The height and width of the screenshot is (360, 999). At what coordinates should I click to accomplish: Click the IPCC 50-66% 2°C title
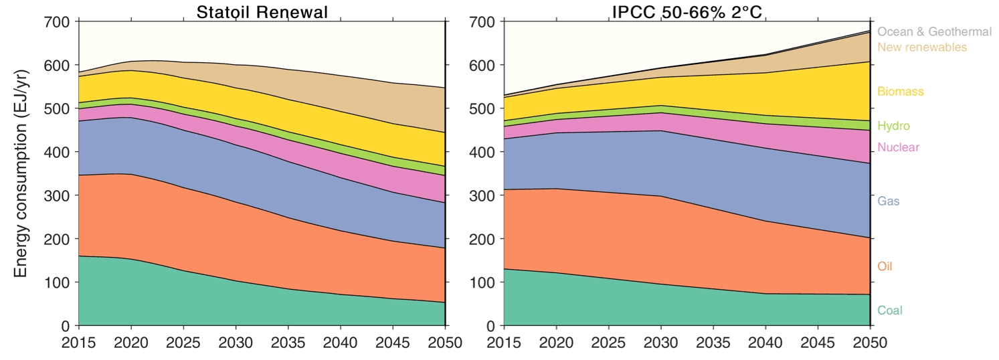click(687, 12)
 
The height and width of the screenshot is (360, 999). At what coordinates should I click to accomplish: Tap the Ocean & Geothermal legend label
click(934, 31)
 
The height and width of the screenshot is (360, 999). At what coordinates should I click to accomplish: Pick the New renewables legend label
click(922, 48)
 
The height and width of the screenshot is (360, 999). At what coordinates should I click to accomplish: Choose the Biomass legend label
click(901, 91)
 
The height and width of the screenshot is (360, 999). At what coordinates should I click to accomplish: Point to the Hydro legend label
click(894, 126)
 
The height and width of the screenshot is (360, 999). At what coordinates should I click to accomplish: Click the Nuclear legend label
click(898, 147)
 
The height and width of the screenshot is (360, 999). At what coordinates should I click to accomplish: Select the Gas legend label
click(889, 201)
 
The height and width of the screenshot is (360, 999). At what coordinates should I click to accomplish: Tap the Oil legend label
click(885, 266)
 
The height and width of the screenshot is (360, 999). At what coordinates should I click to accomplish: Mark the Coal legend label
click(890, 310)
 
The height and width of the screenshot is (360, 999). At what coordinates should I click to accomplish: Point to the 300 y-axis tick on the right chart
click(482, 196)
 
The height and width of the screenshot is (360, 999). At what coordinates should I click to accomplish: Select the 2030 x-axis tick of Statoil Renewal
click(236, 343)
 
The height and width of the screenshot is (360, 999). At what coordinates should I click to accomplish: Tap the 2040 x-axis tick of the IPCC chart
click(765, 343)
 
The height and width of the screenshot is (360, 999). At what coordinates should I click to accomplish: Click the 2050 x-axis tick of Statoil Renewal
click(446, 343)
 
